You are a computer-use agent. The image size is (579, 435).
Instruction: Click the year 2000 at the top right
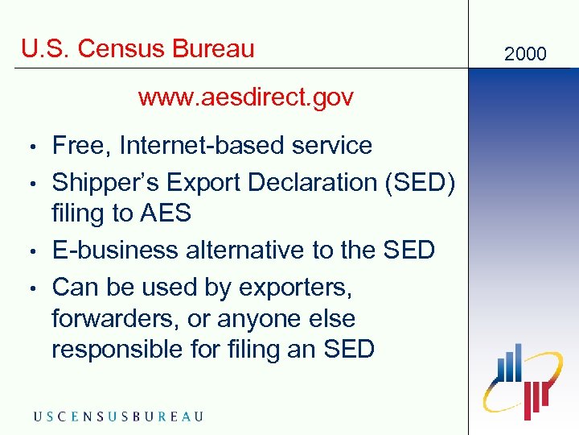[x=525, y=54]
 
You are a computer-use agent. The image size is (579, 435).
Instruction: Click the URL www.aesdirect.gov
[x=245, y=98]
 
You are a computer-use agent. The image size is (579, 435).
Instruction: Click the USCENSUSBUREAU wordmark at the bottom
[x=118, y=416]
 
